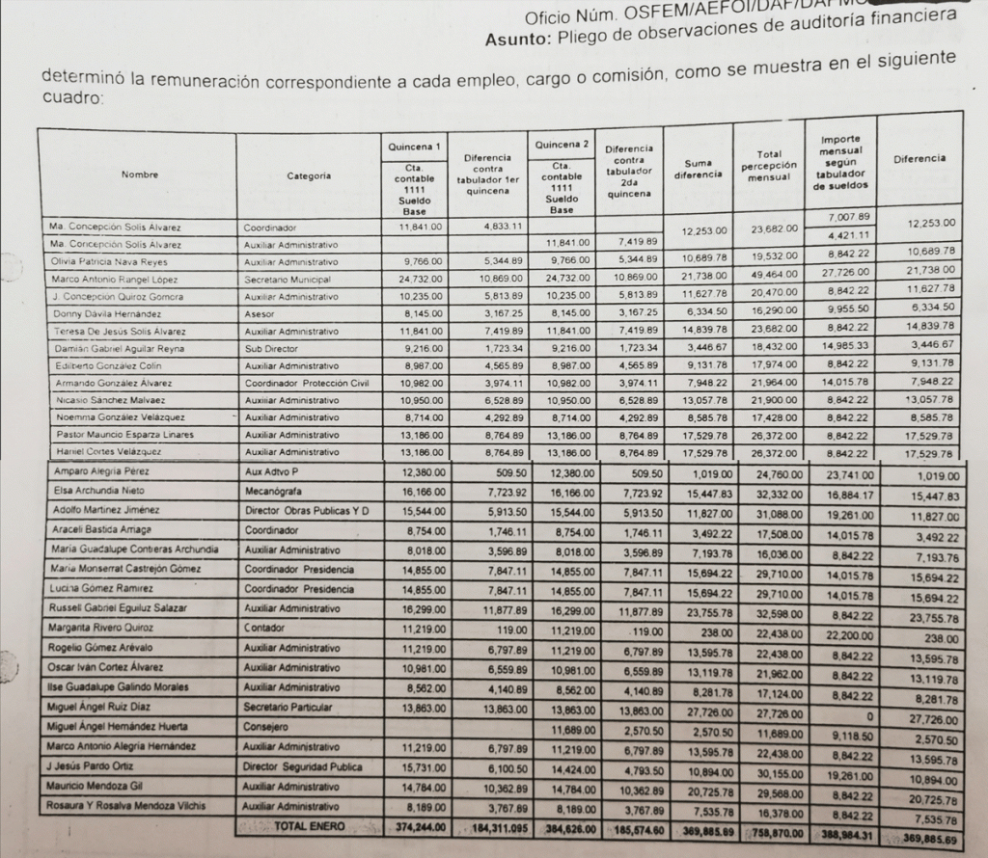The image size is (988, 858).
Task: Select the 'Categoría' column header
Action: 309,176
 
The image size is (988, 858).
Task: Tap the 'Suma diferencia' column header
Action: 699,169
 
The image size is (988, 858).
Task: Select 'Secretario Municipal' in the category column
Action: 288,280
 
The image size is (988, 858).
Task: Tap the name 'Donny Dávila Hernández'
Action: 95,314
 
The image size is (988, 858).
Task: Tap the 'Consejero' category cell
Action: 268,727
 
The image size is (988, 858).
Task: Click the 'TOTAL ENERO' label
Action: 311,825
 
